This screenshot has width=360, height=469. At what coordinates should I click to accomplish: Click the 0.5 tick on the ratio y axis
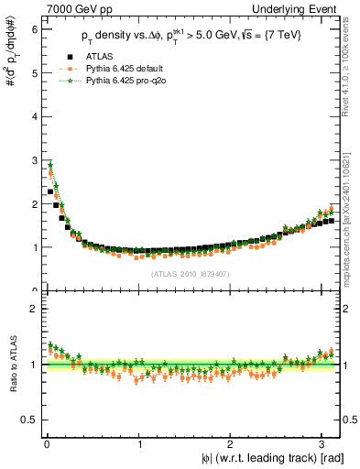click(28, 420)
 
